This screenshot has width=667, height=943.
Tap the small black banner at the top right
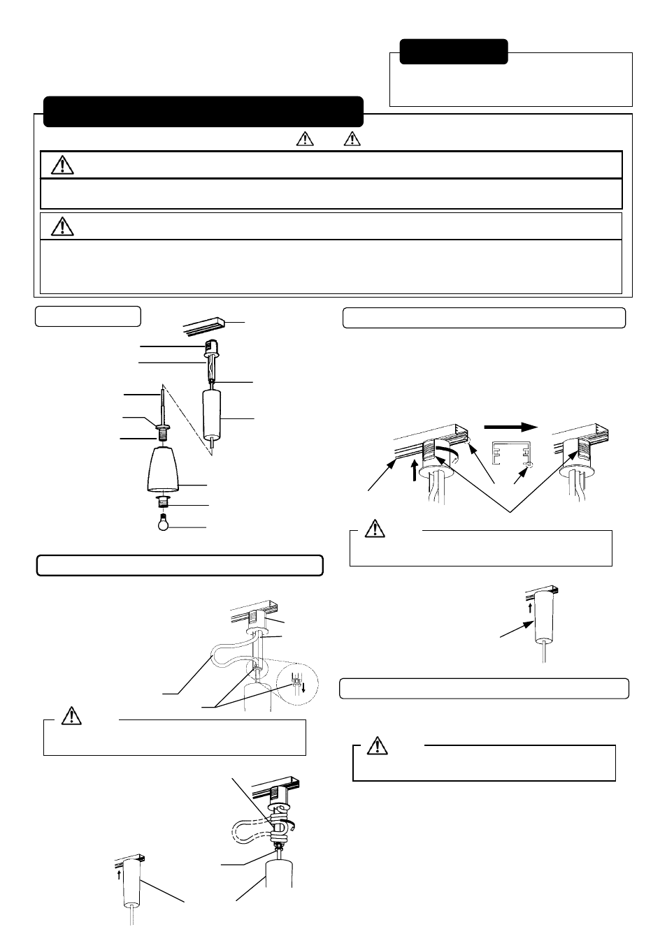(x=454, y=52)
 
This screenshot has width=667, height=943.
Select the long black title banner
(x=203, y=112)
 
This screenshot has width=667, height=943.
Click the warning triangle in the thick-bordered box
(x=63, y=165)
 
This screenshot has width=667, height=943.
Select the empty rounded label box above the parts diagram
(x=88, y=315)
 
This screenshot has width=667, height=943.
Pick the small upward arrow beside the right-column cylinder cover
(x=530, y=608)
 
